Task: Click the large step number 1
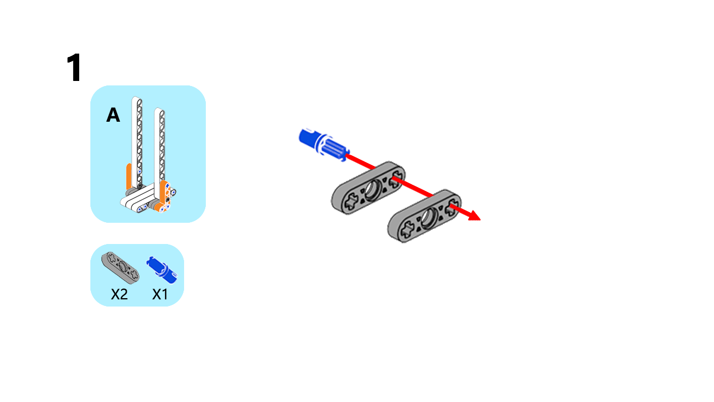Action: click(74, 68)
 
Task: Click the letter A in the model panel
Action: click(113, 115)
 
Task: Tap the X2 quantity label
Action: click(119, 294)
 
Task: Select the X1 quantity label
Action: click(160, 294)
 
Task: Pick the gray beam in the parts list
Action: click(120, 267)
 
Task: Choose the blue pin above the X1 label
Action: click(162, 270)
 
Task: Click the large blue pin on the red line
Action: click(324, 145)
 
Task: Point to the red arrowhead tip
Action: click(481, 220)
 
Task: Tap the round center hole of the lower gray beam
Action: click(429, 218)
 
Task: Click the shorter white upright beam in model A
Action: click(160, 153)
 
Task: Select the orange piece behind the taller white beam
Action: click(129, 176)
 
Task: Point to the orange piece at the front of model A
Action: click(164, 196)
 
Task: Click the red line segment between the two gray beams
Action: click(412, 187)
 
